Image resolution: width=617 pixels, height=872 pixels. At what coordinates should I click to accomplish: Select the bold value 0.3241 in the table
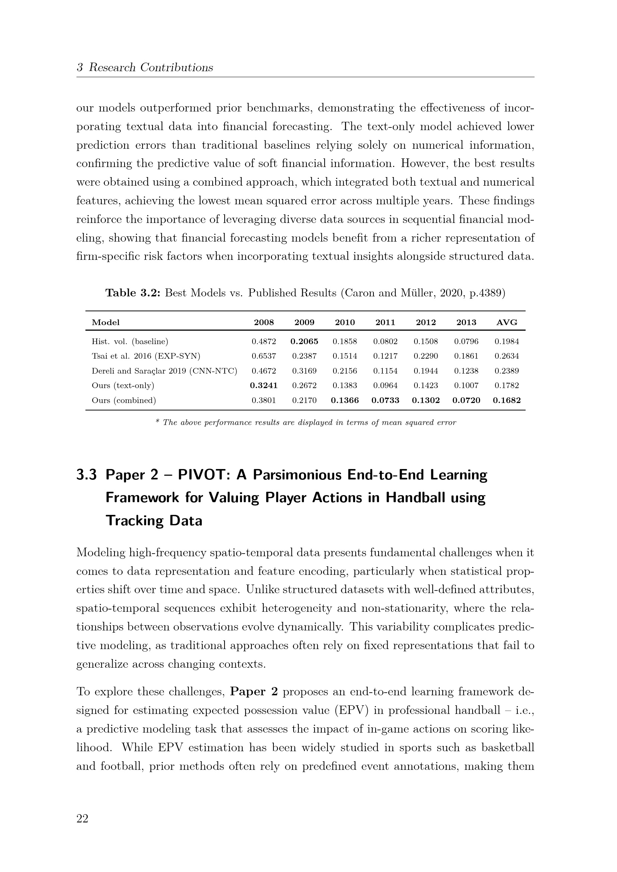(x=264, y=385)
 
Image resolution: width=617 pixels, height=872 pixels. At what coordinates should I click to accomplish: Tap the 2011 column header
(x=385, y=322)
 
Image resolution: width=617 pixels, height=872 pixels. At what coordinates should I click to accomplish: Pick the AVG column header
(x=507, y=322)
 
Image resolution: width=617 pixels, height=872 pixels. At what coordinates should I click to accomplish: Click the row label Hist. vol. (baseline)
(x=130, y=341)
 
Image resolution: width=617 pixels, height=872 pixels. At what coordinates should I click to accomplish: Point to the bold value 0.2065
(x=304, y=341)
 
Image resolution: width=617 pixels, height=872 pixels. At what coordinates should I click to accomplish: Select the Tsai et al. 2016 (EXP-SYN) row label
(x=146, y=356)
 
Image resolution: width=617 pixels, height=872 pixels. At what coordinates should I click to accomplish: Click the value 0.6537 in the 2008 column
(x=264, y=356)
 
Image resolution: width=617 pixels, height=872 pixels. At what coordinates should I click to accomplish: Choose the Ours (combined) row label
(x=124, y=400)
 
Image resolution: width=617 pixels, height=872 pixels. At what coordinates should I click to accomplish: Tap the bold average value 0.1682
(x=507, y=400)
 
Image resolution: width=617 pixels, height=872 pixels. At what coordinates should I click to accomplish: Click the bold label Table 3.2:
(x=133, y=293)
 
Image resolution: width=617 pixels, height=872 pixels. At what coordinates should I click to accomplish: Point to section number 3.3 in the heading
(x=86, y=475)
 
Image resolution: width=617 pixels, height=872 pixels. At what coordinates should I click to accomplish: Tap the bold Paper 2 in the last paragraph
(x=254, y=692)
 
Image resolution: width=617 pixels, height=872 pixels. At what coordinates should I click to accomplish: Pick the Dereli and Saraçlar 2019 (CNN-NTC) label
(x=164, y=371)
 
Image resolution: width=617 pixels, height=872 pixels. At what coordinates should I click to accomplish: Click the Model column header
(x=106, y=322)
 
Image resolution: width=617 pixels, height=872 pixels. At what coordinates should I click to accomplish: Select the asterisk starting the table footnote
(x=158, y=422)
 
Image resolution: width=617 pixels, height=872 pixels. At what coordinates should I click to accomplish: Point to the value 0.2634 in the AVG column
(x=507, y=356)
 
